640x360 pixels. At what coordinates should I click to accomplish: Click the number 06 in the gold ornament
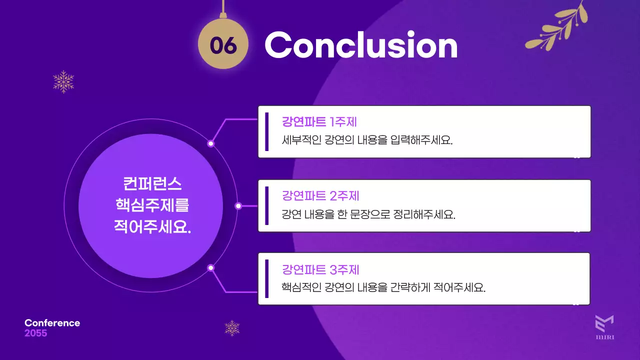(222, 45)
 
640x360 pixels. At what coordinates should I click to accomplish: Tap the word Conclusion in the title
(360, 45)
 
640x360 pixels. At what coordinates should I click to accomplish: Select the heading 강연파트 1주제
(319, 122)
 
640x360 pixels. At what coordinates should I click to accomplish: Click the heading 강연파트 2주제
(320, 195)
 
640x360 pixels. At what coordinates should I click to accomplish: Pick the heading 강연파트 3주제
(320, 270)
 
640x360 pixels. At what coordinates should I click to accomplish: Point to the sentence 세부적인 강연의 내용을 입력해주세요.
(367, 139)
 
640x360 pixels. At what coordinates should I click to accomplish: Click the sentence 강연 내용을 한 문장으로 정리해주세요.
(368, 215)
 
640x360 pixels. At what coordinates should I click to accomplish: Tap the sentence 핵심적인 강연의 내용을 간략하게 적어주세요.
(383, 288)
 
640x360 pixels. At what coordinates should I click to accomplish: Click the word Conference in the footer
(52, 323)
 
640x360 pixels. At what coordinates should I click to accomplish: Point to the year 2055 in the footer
(35, 333)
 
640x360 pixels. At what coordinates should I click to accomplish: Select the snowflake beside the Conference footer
(232, 328)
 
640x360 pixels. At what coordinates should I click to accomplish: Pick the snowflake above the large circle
(63, 81)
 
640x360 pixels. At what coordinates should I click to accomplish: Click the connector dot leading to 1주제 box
(211, 143)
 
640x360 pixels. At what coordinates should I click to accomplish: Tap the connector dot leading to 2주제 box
(238, 205)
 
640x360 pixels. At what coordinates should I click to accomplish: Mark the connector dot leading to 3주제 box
(211, 267)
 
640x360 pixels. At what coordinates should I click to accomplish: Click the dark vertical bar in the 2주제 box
(267, 205)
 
